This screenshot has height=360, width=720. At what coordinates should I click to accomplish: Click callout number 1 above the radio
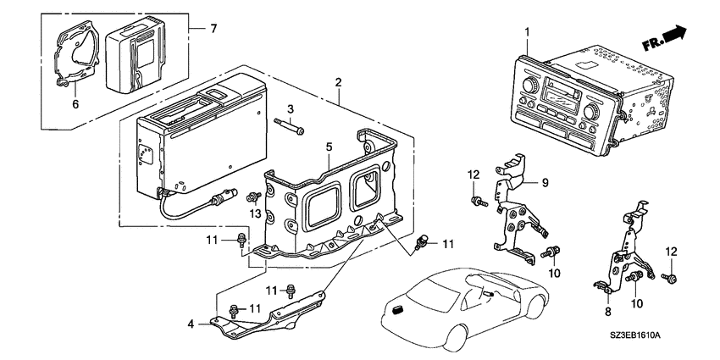(527, 32)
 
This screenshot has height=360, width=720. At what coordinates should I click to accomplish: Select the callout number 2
(339, 83)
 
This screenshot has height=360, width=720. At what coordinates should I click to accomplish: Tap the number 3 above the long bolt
(291, 109)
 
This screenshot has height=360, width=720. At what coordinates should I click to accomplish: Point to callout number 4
(191, 324)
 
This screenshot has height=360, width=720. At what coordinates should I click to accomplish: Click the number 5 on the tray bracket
(329, 147)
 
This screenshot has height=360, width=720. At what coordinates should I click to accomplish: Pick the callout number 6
(75, 104)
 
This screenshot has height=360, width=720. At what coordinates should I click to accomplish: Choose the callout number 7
(213, 29)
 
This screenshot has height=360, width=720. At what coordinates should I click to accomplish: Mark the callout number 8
(608, 313)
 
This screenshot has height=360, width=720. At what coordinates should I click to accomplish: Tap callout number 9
(545, 183)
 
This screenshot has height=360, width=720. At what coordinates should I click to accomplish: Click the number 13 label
(255, 213)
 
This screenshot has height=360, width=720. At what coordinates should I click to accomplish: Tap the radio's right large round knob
(591, 111)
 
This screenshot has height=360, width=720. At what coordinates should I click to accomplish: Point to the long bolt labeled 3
(289, 127)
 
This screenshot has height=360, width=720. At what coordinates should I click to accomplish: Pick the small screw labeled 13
(253, 197)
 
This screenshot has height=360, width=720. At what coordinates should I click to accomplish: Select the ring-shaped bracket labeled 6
(77, 53)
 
